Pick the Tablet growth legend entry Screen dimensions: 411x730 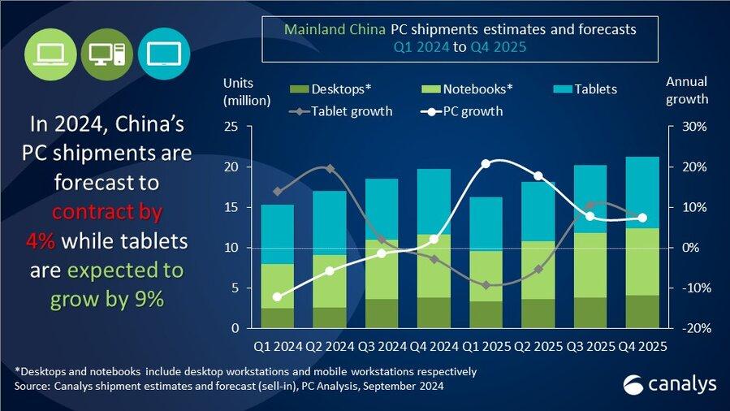tap(341, 111)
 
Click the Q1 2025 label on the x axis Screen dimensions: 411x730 tap(486, 347)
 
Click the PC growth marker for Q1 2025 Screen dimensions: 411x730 tap(486, 164)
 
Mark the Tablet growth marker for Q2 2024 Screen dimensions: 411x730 tap(329, 169)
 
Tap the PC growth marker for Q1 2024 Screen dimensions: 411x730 tap(278, 297)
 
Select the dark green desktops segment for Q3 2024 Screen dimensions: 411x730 tap(381, 314)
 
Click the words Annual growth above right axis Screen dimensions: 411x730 tap(687, 91)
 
